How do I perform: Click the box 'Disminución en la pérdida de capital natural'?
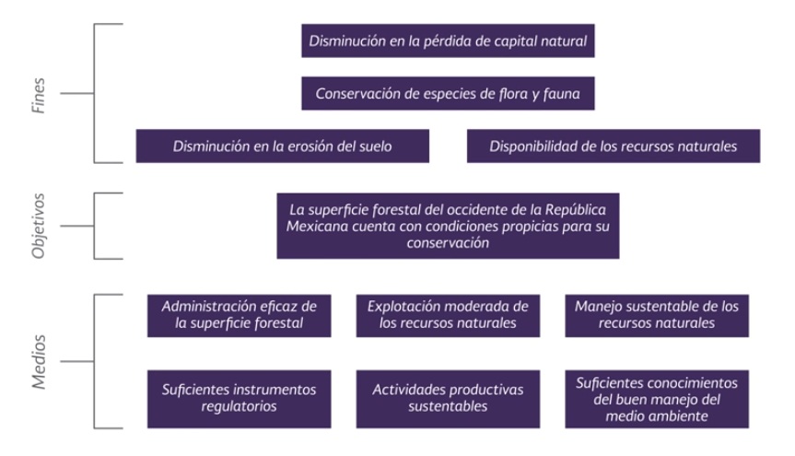click(448, 41)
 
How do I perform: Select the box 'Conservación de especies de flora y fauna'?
click(448, 93)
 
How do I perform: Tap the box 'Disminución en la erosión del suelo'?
click(283, 146)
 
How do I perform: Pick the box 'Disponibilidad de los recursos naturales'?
click(614, 146)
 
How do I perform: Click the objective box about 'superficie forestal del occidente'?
click(448, 226)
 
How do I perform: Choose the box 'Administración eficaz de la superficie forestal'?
click(240, 315)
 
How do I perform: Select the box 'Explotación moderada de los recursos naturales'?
click(448, 315)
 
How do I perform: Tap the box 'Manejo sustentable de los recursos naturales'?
click(657, 315)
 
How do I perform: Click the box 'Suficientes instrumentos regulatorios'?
click(240, 399)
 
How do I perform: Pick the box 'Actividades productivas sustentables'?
click(448, 399)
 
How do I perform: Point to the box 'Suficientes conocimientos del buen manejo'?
click(657, 399)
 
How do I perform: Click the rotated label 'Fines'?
click(39, 95)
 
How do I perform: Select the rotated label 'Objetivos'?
click(39, 226)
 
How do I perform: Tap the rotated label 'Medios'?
click(39, 362)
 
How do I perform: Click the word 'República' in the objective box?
click(576, 210)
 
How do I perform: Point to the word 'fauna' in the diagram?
click(561, 94)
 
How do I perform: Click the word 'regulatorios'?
click(239, 407)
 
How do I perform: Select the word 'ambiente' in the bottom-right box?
click(680, 416)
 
